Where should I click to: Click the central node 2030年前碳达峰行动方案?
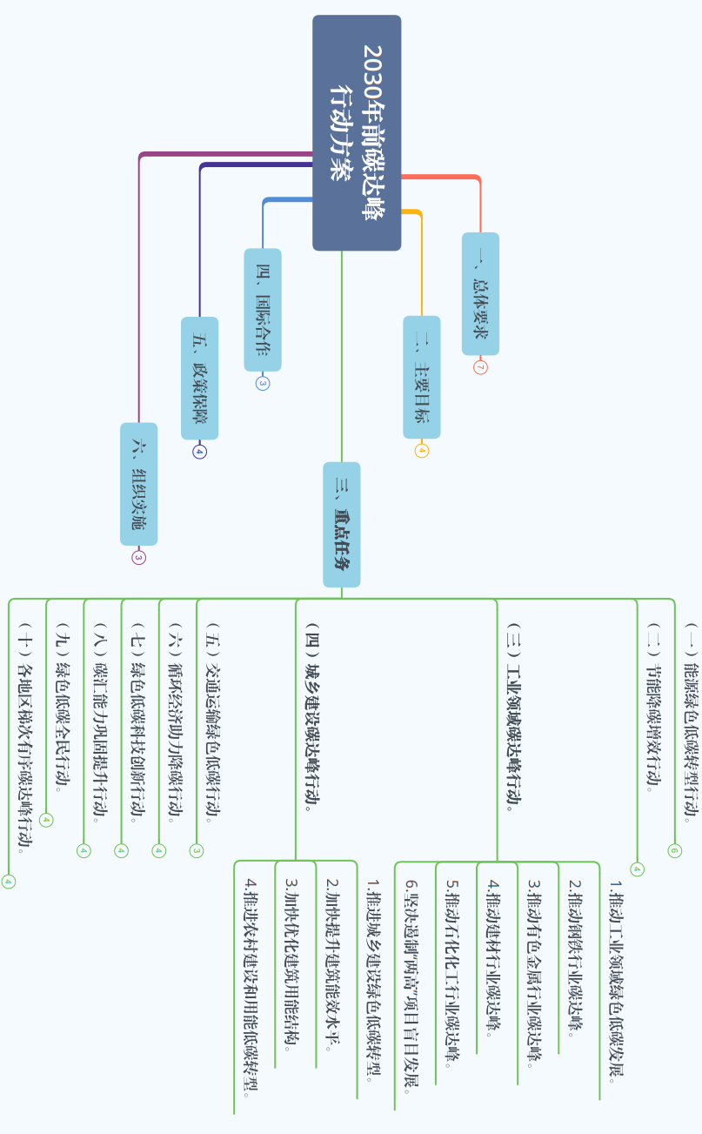click(357, 132)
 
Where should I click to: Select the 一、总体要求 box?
click(480, 293)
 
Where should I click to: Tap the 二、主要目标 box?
click(422, 377)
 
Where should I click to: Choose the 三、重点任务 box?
click(342, 524)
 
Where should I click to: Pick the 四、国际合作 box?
click(263, 309)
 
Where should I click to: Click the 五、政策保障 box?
click(200, 378)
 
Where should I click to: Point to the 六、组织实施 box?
click(139, 484)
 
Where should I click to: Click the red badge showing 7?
click(480, 367)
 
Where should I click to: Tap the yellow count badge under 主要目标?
click(422, 451)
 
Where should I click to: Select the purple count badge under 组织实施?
click(139, 558)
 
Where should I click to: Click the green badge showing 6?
click(675, 850)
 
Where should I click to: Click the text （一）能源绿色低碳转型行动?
click(689, 722)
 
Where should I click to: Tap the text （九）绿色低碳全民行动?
click(61, 706)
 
